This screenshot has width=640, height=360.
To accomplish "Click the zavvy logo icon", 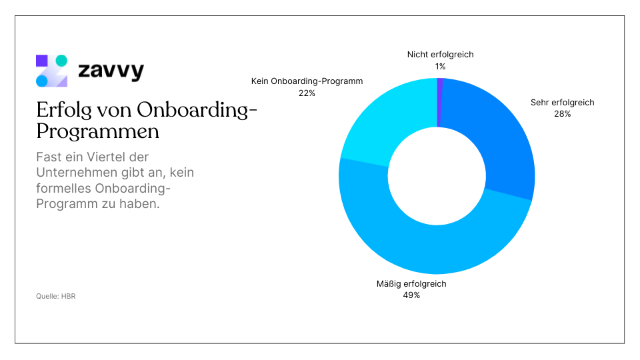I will pos(51,71).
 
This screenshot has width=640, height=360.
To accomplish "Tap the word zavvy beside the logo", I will pos(110,71).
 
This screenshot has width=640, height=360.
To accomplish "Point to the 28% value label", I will pos(562,113).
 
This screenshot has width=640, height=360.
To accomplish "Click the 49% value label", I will pos(411,295).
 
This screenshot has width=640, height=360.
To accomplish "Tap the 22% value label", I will pos(307,93).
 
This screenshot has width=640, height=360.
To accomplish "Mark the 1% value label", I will pos(440,66).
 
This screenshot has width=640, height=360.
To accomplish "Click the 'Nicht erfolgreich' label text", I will pos(440,55).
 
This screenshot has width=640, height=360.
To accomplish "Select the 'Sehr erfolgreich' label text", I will pos(562,103).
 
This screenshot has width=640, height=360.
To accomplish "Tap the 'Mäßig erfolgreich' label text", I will pos(411,284).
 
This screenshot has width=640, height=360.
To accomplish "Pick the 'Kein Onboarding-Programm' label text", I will pos(307,81).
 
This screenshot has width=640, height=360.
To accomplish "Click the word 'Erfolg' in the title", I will pos(65,110).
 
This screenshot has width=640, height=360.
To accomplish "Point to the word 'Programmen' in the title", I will pos(97,131).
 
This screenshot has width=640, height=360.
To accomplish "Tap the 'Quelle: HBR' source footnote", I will pos(55,296).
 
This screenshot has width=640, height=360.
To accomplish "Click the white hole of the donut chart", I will pos(437,176).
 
